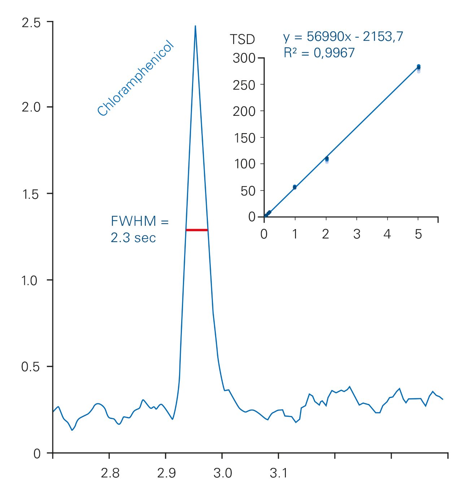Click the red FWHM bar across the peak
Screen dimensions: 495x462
click(x=197, y=230)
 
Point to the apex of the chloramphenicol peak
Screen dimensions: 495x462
click(x=195, y=26)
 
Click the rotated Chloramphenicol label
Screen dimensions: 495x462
click(x=136, y=78)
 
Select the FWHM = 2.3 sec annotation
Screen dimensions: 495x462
click(x=139, y=229)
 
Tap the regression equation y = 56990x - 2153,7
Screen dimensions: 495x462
click(x=343, y=36)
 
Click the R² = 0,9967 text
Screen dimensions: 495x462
click(x=319, y=53)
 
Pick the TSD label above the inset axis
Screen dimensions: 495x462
click(x=242, y=39)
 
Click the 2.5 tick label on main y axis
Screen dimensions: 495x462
click(x=31, y=23)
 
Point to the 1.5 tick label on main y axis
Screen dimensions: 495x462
click(x=31, y=194)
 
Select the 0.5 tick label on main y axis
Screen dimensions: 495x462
click(x=31, y=367)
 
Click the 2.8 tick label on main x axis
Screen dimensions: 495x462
click(x=110, y=473)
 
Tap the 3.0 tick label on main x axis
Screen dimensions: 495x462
click(x=223, y=473)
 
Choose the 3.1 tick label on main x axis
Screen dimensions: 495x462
click(x=279, y=473)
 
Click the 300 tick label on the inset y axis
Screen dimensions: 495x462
click(x=244, y=58)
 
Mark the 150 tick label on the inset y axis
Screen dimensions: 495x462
click(x=244, y=138)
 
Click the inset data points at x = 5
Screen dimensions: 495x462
click(x=418, y=68)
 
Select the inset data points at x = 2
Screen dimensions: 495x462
click(x=327, y=159)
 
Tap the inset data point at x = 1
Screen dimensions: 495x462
click(x=295, y=187)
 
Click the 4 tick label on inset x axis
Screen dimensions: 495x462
click(x=387, y=235)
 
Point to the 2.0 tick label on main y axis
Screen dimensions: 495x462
click(x=31, y=107)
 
